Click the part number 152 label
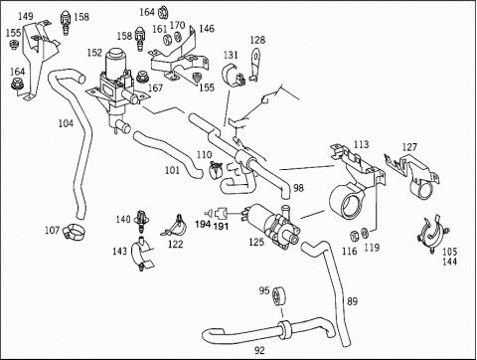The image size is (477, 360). point(94,53)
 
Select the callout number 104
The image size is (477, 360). point(66,123)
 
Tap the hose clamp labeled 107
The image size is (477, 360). point(74,232)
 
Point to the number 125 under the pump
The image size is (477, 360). point(256,242)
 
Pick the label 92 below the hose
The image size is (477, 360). point(259,350)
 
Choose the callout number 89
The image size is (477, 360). point(352,301)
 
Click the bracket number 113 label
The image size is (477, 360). point(361,144)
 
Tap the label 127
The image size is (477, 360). point(409,147)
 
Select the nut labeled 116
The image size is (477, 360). point(355,236)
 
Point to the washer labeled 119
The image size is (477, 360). point(365,233)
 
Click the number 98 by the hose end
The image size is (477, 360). point(298,188)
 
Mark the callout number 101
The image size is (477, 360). point(172,170)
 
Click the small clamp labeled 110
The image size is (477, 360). point(215,169)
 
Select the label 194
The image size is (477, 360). point(203,225)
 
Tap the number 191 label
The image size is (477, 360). point(221,227)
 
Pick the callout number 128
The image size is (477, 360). point(257,40)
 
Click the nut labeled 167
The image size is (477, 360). point(142,78)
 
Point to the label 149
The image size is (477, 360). point(26,16)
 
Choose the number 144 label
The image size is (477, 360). point(449,262)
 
